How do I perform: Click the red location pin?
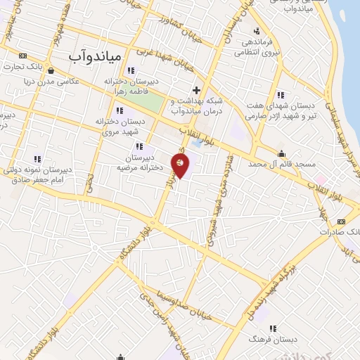pos(181,166)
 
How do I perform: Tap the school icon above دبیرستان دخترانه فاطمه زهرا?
pos(131,70)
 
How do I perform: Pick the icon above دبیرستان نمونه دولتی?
pos(37,159)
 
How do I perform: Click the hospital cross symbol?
pos(196,89)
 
